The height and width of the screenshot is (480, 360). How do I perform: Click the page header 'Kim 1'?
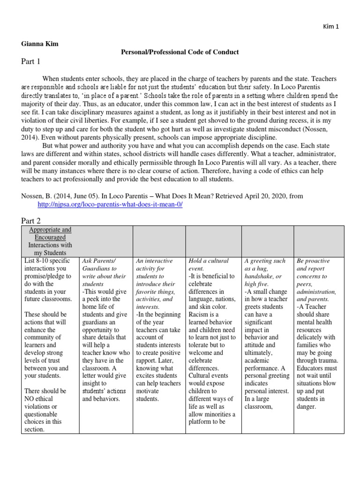coord(330,26)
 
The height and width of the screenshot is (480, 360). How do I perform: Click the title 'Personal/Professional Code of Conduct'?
coord(180,52)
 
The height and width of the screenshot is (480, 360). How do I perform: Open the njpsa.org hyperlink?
coord(110,205)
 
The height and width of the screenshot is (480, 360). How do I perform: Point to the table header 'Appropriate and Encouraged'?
coord(50,234)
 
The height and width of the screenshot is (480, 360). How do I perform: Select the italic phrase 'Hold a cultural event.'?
coord(209,264)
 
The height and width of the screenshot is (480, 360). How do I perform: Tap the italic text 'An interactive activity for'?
coord(153,264)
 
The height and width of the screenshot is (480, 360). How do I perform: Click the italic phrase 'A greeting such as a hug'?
coord(265,264)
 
